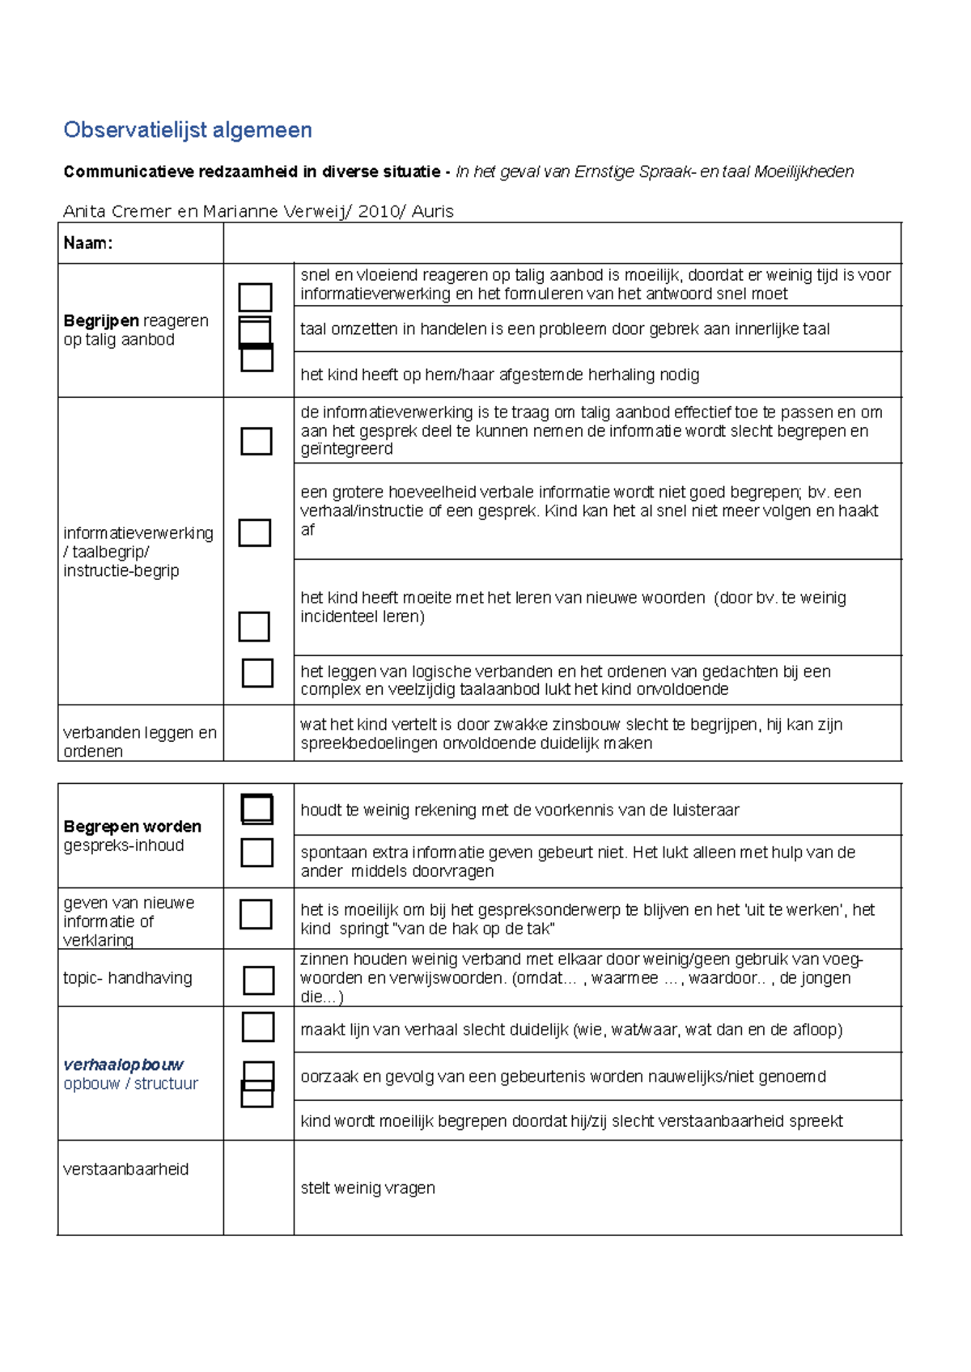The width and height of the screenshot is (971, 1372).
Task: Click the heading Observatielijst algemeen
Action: [x=188, y=130]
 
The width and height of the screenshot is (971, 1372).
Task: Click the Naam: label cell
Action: [x=88, y=243]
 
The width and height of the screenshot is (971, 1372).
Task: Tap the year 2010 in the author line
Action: [x=377, y=212]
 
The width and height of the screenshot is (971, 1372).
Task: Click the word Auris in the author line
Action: [x=432, y=212]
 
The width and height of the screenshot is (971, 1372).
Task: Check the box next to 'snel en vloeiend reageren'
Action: [x=255, y=297]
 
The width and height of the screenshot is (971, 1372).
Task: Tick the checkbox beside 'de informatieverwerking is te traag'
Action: [x=257, y=441]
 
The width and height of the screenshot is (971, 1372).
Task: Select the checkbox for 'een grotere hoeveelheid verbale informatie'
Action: [x=255, y=532]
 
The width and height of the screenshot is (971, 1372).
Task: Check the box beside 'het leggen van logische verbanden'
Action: [x=257, y=673]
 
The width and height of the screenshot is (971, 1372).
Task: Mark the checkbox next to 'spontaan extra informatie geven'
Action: [x=257, y=853]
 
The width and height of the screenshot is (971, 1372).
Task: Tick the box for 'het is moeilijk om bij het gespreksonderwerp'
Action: [x=256, y=914]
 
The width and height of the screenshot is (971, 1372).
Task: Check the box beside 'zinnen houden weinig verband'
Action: [x=259, y=980]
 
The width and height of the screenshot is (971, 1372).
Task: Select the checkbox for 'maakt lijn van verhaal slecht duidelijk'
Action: [x=258, y=1027]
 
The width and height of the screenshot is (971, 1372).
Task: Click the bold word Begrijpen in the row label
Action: [x=101, y=321]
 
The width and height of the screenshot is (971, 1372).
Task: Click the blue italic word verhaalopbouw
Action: [x=123, y=1065]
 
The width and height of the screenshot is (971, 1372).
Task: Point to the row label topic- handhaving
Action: [x=128, y=978]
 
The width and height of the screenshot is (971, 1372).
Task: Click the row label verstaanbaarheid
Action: [x=125, y=1169]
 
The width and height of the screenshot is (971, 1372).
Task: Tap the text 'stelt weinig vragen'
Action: [x=367, y=1188]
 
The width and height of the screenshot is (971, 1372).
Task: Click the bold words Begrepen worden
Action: [x=132, y=827]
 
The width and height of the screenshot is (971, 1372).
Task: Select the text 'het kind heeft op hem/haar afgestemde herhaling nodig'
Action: [x=499, y=375]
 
